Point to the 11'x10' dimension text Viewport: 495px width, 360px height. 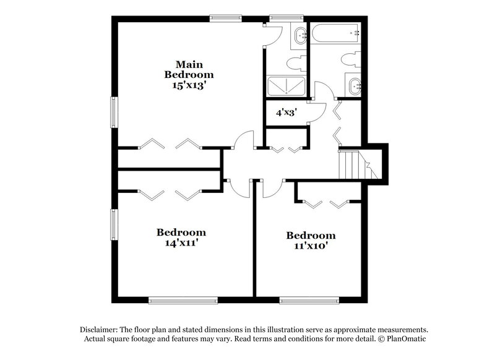[311, 246]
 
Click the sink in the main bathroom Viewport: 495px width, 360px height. [299, 36]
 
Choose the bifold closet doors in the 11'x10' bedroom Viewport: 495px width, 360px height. [329, 204]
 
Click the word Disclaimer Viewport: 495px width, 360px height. [101, 330]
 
